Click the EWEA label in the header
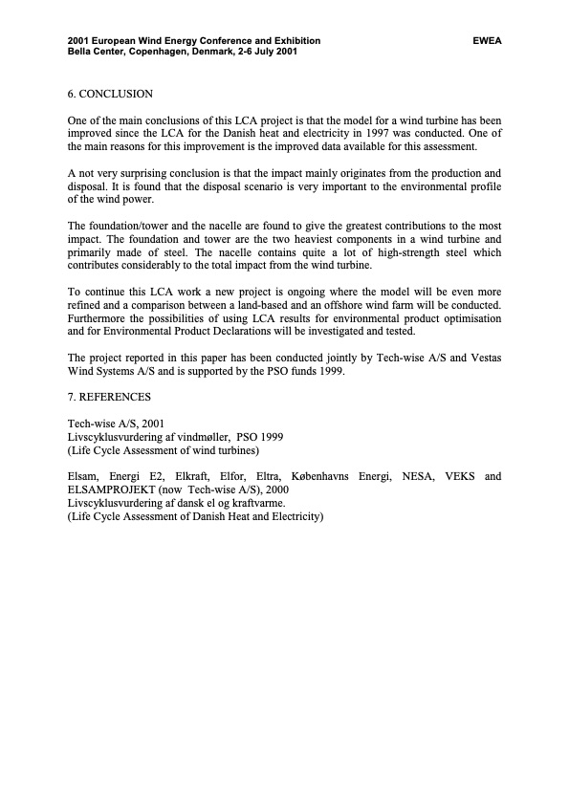pos(487,41)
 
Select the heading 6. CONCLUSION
pos(110,94)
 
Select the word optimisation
pos(466,318)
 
